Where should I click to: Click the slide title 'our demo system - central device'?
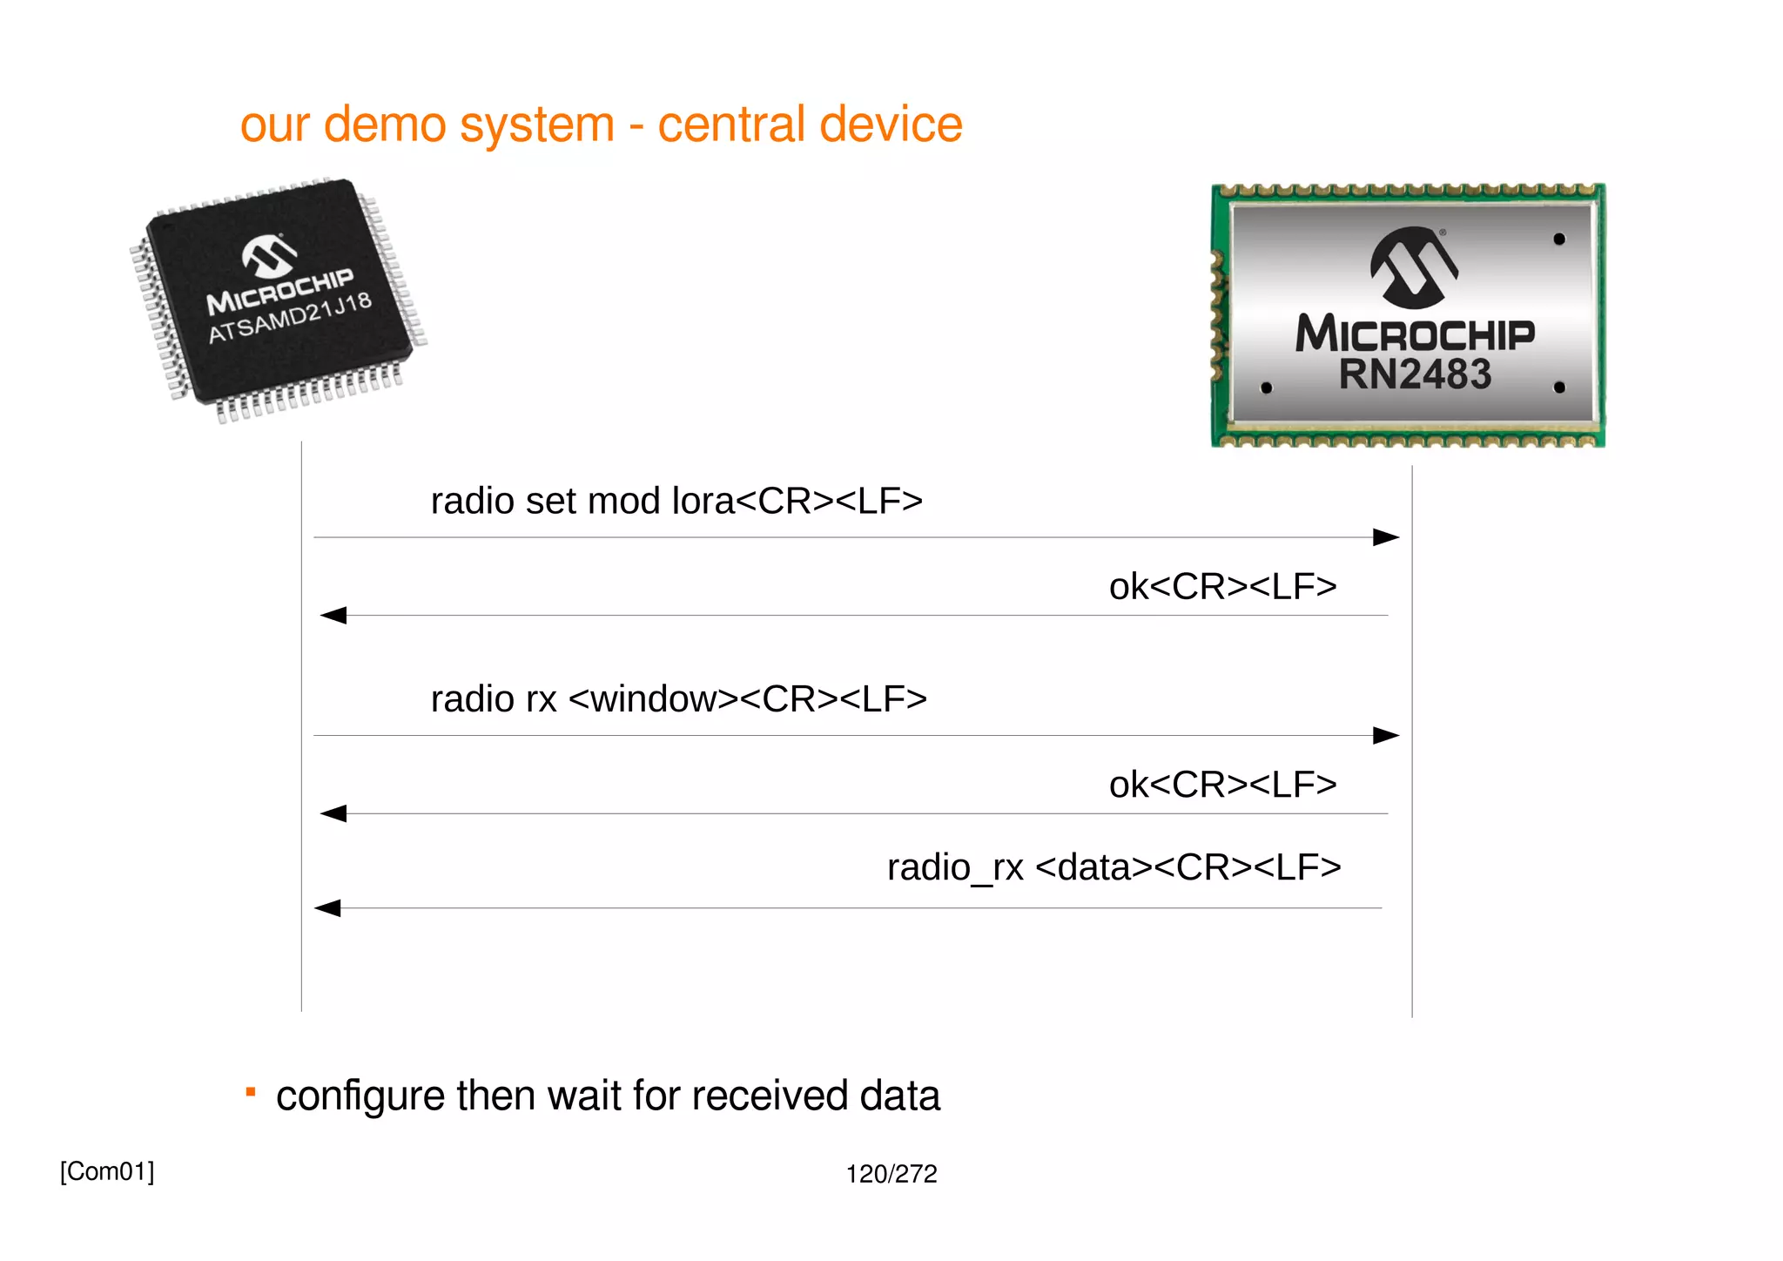pos(601,125)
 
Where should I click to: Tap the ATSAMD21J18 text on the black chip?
pos(290,319)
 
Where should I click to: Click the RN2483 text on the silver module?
pos(1415,374)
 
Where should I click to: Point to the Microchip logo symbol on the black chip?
pos(269,255)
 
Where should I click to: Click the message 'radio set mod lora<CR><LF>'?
pos(676,502)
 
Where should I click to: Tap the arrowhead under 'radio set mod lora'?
pos(1385,537)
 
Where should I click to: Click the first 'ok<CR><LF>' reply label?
pos(1222,587)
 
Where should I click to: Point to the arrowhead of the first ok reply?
pos(333,616)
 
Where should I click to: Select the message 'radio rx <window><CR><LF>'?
pos(678,699)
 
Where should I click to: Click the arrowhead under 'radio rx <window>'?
pos(1385,736)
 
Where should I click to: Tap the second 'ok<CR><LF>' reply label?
pos(1222,786)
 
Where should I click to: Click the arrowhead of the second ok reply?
pos(333,813)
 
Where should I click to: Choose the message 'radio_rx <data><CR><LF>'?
pos(1114,867)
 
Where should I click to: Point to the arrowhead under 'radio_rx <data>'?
pos(327,908)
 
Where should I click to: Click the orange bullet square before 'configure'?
pos(251,1092)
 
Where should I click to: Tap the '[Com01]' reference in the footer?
pos(107,1171)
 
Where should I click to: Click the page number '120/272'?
pos(891,1174)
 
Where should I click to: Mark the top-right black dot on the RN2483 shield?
pos(1558,239)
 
